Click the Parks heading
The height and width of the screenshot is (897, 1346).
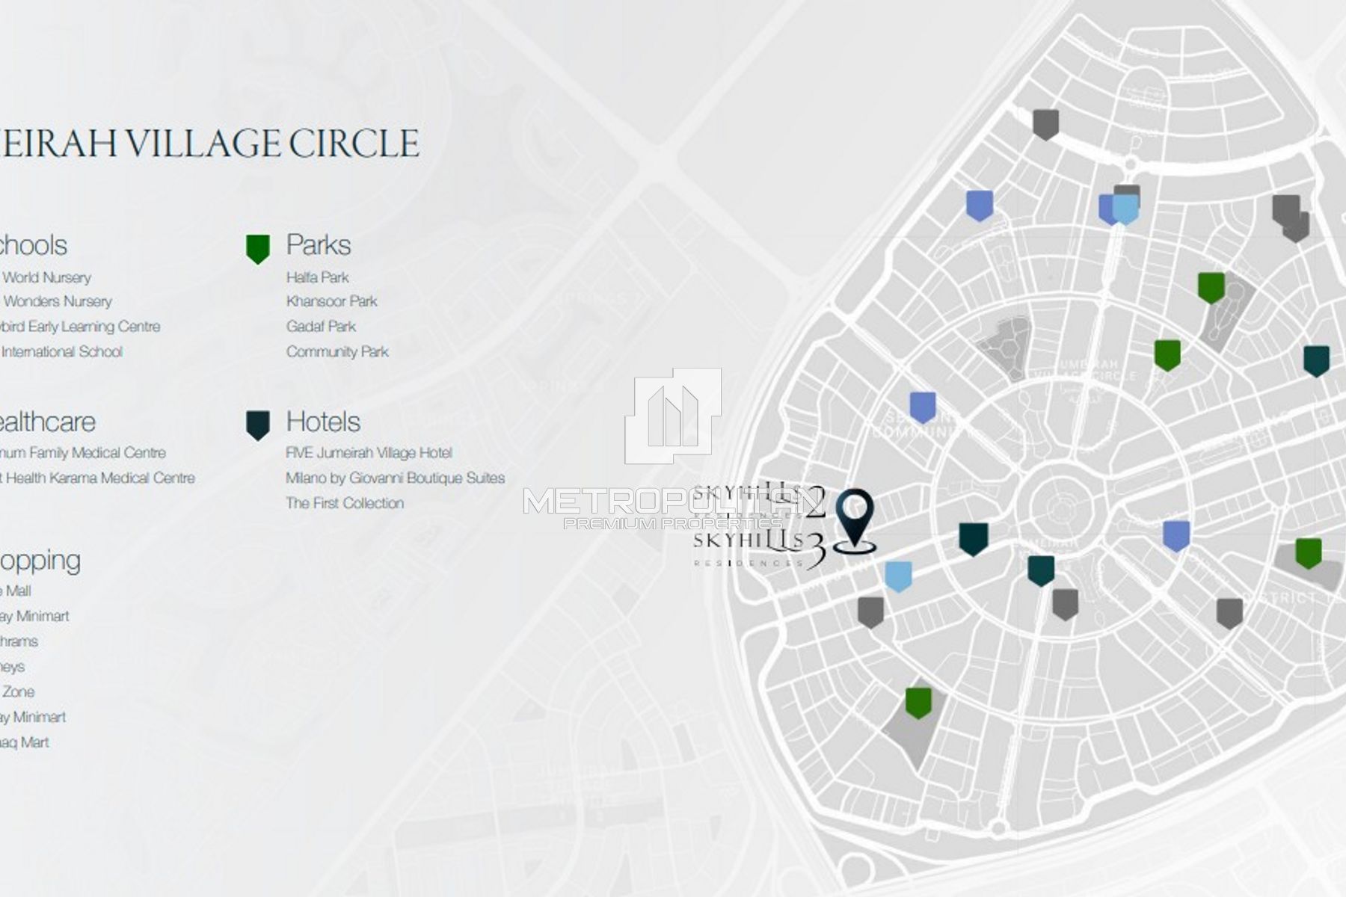click(x=318, y=245)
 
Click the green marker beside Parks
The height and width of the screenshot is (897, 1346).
click(x=257, y=248)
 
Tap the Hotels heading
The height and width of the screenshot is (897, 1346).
click(x=323, y=422)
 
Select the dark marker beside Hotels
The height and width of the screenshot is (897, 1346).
click(x=257, y=425)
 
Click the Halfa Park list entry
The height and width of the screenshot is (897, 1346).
click(x=317, y=277)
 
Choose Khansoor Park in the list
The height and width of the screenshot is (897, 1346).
click(x=331, y=301)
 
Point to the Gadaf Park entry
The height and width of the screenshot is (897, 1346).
click(x=321, y=327)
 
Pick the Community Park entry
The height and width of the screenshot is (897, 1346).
click(x=337, y=351)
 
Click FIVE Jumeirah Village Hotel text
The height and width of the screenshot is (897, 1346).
click(x=369, y=453)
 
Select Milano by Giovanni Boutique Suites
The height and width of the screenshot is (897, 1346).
click(x=395, y=478)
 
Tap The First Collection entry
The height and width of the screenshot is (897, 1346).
click(x=345, y=503)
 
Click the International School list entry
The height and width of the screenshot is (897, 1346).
click(x=61, y=352)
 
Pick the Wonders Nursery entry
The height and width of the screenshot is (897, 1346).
click(x=58, y=302)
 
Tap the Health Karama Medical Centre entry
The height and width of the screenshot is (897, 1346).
click(x=100, y=478)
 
